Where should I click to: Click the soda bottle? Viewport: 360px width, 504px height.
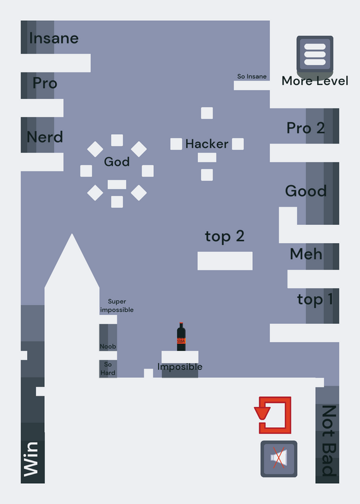pyautogui.click(x=181, y=336)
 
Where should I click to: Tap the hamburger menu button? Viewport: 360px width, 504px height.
pyautogui.click(x=315, y=54)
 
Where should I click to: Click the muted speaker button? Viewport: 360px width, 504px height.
pyautogui.click(x=279, y=459)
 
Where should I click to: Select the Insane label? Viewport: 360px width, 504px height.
pyautogui.click(x=54, y=38)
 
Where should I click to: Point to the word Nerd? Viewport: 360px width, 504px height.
pyautogui.click(x=45, y=137)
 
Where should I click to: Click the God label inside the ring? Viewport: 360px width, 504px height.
pyautogui.click(x=117, y=162)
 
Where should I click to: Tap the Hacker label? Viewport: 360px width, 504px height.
pyautogui.click(x=207, y=144)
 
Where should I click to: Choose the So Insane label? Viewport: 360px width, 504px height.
pyautogui.click(x=252, y=76)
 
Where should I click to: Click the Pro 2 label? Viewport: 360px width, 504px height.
pyautogui.click(x=306, y=128)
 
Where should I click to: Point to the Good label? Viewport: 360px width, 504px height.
pyautogui.click(x=306, y=191)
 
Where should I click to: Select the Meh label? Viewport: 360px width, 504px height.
pyautogui.click(x=306, y=254)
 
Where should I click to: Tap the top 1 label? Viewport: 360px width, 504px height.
pyautogui.click(x=315, y=300)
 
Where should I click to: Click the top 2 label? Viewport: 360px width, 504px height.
pyautogui.click(x=224, y=237)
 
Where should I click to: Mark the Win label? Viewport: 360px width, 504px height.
pyautogui.click(x=31, y=459)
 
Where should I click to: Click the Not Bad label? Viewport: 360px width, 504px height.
pyautogui.click(x=329, y=440)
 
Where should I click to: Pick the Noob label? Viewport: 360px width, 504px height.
pyautogui.click(x=108, y=346)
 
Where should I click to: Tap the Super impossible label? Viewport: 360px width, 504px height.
pyautogui.click(x=117, y=306)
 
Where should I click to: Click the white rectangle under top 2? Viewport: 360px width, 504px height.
pyautogui.click(x=225, y=261)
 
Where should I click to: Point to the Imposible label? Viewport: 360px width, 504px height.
pyautogui.click(x=180, y=367)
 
